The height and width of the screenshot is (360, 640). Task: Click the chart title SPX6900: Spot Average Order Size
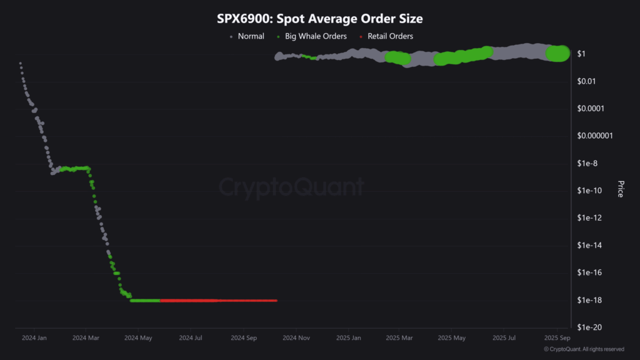click(x=319, y=19)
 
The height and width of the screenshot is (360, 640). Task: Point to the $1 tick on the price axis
click(x=581, y=54)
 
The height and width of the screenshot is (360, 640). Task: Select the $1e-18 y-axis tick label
click(x=589, y=300)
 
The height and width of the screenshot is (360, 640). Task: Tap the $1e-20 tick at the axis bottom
click(x=589, y=327)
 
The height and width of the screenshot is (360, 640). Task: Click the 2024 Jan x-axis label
click(x=34, y=338)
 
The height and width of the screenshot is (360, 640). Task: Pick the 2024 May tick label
click(x=139, y=338)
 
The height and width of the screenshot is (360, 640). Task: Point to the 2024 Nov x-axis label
click(x=296, y=338)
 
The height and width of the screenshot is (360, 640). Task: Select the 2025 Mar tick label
click(x=399, y=338)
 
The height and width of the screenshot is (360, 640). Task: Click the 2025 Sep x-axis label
click(x=556, y=338)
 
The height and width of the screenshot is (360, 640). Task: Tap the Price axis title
click(x=620, y=189)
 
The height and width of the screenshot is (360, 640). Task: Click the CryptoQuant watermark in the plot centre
click(x=291, y=187)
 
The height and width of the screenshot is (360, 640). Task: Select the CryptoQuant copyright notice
click(x=584, y=349)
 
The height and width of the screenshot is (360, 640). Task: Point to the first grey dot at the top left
click(x=20, y=63)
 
